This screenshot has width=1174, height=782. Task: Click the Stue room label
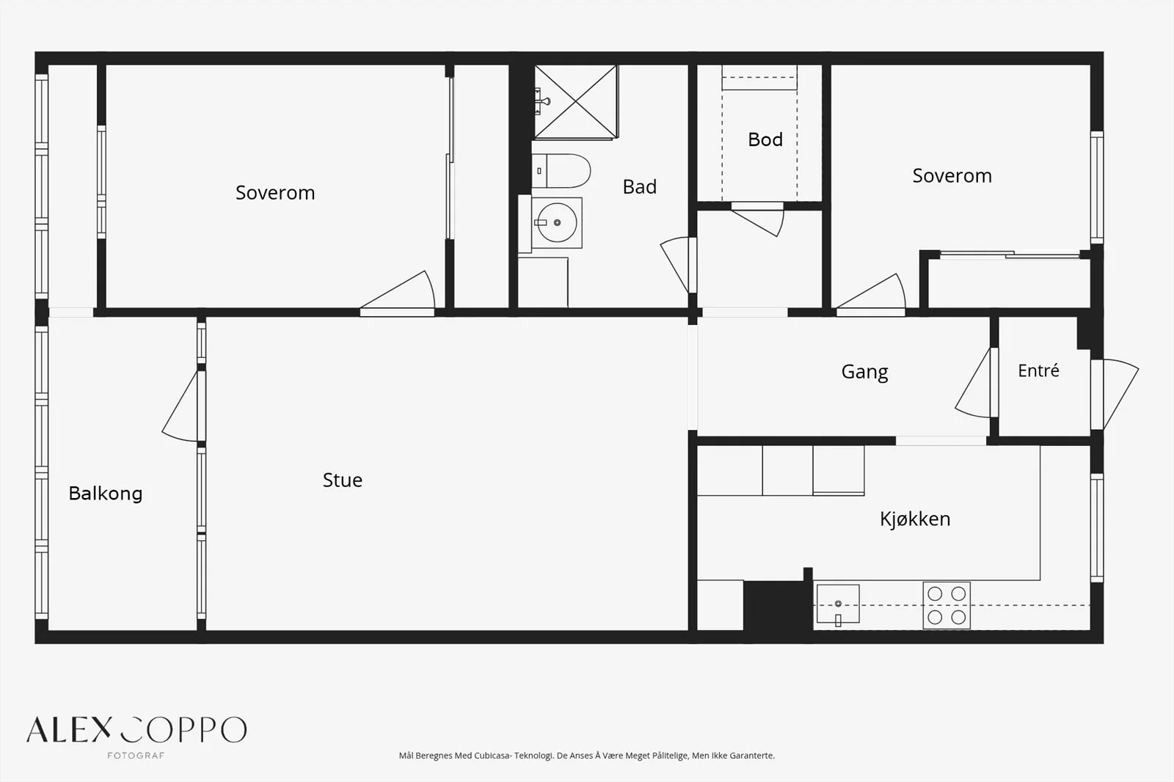point(342,480)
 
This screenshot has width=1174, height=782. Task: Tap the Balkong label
point(106,493)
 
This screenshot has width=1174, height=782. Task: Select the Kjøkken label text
point(915,519)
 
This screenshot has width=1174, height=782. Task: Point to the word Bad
point(639,186)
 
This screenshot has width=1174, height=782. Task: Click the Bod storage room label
point(765,139)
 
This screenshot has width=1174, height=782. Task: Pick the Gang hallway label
point(865,372)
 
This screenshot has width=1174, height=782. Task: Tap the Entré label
point(1038,370)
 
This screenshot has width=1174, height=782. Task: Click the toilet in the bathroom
point(561,171)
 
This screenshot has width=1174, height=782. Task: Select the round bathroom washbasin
point(557,223)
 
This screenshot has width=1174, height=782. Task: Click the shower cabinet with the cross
point(575,102)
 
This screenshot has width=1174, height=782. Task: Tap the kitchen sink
point(838,604)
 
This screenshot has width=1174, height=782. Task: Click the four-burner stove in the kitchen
point(947,605)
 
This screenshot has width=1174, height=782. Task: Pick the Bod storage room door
point(758,219)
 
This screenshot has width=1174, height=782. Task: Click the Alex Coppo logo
point(136,730)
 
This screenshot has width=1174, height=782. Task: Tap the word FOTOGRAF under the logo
point(136,756)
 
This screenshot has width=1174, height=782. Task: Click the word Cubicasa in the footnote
point(492,756)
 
